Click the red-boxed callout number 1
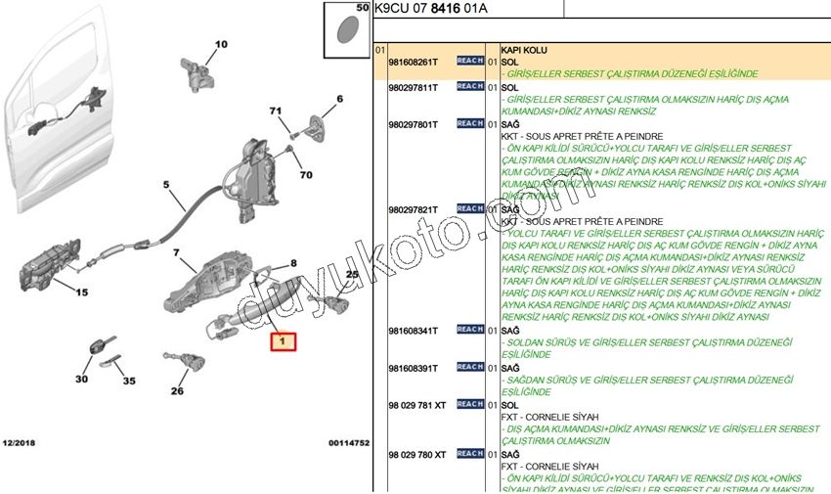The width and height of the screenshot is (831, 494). [x=283, y=341]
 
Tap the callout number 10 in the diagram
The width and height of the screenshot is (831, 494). [x=220, y=44]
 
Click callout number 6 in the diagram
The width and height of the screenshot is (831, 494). [x=339, y=99]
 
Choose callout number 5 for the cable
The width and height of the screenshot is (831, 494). [x=166, y=184]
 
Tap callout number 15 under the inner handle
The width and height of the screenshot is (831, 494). [x=81, y=292]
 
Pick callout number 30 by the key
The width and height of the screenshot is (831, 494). [x=81, y=379]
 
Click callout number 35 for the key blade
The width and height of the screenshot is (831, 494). [x=129, y=381]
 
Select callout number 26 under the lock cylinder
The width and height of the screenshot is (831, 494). [x=177, y=391]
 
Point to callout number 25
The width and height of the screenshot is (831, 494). [x=352, y=274]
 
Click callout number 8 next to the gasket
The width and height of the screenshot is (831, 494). [x=291, y=264]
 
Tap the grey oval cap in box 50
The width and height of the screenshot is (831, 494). [x=346, y=29]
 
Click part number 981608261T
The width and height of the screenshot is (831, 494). [x=413, y=61]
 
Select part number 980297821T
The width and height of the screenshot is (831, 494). [x=413, y=209]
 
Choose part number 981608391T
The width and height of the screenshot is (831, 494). [x=413, y=368]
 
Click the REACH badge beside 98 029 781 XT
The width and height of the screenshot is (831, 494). [x=469, y=404]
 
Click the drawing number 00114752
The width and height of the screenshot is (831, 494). [x=348, y=443]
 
